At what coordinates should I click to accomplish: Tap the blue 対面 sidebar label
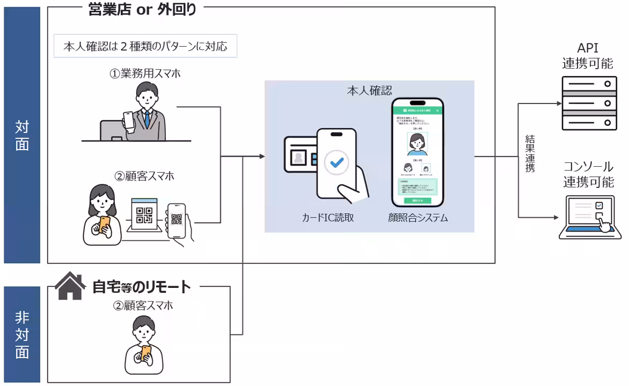pyautogui.click(x=22, y=135)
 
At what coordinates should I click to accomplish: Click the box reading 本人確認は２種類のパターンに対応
pyautogui.click(x=145, y=47)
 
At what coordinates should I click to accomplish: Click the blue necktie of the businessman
pyautogui.click(x=146, y=120)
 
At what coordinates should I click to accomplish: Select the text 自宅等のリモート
pyautogui.click(x=142, y=287)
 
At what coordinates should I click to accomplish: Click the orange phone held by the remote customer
pyautogui.click(x=145, y=352)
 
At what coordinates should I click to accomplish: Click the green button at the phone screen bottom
pyautogui.click(x=417, y=200)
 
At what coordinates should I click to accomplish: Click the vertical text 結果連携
pyautogui.click(x=530, y=153)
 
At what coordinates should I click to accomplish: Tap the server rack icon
pyautogui.click(x=588, y=103)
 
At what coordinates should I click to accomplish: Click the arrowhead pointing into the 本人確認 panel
pyautogui.click(x=262, y=157)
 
